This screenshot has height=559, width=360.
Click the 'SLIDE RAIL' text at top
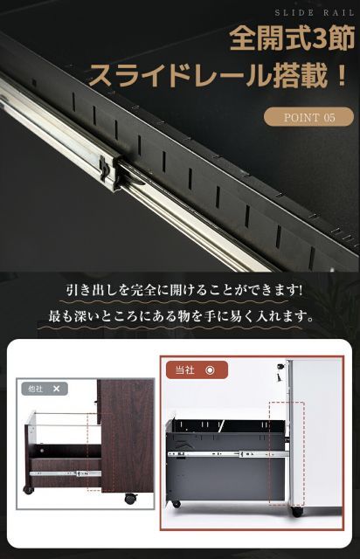(x=312, y=13)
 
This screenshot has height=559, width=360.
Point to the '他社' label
(x=36, y=388)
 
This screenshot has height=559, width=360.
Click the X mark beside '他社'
(x=56, y=388)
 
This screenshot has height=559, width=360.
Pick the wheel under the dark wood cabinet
(x=130, y=499)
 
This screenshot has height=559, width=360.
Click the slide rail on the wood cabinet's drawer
(x=66, y=473)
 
